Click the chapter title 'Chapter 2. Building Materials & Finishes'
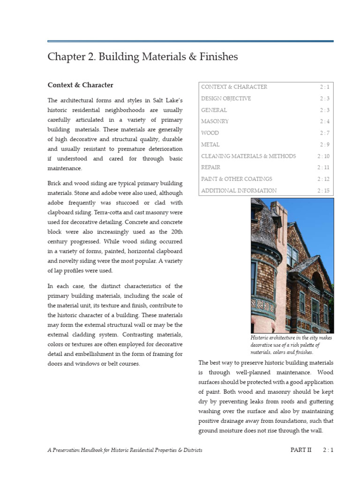[142, 57]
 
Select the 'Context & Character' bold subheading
[80, 85]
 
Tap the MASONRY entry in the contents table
[215, 121]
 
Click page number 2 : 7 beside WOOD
[324, 133]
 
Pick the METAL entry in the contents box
[210, 144]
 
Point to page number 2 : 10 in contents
[323, 156]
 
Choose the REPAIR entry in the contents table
[210, 167]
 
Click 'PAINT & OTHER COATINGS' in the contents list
[236, 179]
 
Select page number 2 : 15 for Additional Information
[323, 191]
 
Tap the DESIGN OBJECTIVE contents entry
[226, 98]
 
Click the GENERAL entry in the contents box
[214, 110]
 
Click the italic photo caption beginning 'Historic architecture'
[285, 345]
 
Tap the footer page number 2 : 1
[328, 450]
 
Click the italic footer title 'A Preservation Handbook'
[125, 450]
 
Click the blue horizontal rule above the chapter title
[190, 41]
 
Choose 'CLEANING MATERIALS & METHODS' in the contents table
[248, 156]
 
